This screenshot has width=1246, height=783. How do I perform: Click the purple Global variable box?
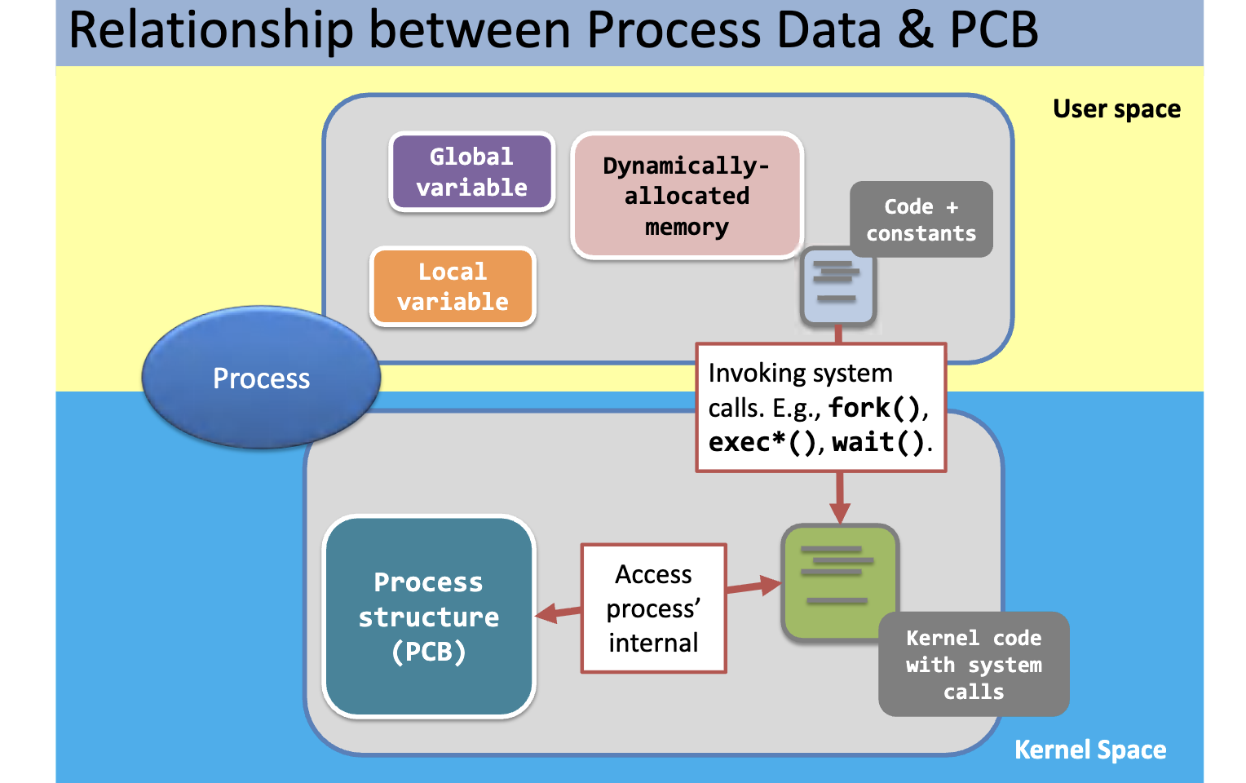(x=472, y=172)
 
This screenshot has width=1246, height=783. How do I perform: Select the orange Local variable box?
(x=453, y=286)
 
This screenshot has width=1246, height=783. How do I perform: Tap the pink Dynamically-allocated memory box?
(x=687, y=196)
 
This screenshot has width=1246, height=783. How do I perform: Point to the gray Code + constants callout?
(x=921, y=219)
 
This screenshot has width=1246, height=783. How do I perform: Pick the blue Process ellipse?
(x=261, y=378)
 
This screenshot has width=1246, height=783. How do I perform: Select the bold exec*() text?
(x=761, y=442)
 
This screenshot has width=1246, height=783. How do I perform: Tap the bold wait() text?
(x=878, y=442)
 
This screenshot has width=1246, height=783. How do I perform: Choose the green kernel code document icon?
(x=839, y=581)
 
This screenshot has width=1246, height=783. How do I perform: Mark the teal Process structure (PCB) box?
(x=429, y=617)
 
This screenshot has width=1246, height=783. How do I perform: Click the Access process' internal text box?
(x=653, y=608)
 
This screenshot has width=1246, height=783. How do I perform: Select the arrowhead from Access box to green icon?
(x=769, y=584)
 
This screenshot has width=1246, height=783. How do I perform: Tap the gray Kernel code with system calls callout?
(x=973, y=664)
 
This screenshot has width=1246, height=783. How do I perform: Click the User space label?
(x=1116, y=109)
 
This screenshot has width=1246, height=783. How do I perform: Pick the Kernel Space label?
(x=1089, y=750)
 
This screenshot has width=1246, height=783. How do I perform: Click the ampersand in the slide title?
(x=915, y=30)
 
